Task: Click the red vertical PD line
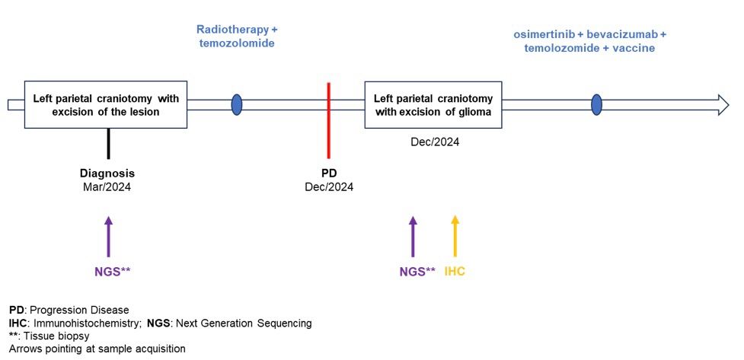click(x=329, y=120)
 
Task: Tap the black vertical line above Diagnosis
click(x=109, y=143)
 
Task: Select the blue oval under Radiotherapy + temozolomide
click(x=237, y=105)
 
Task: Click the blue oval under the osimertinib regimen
click(x=596, y=105)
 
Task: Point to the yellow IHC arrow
click(x=455, y=236)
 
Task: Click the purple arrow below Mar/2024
click(x=109, y=237)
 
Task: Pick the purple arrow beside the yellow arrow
click(x=413, y=237)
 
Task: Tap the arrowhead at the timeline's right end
click(x=723, y=105)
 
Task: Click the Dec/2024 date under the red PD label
click(x=329, y=187)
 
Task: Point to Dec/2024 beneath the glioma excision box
click(x=435, y=142)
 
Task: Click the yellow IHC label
click(x=455, y=272)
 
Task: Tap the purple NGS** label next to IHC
click(x=417, y=272)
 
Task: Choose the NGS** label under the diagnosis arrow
click(x=113, y=272)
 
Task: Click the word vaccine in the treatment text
click(x=637, y=48)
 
